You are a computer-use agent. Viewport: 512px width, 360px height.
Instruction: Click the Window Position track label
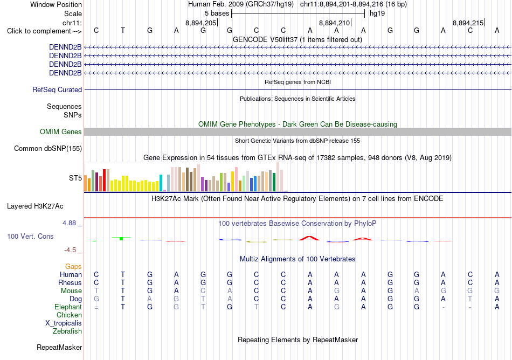[x=56, y=4]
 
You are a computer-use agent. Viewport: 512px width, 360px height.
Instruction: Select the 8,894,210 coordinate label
[x=334, y=23]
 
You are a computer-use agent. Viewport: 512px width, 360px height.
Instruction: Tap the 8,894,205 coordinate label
[x=201, y=23]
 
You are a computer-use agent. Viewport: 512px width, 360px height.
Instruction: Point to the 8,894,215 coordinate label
[x=468, y=23]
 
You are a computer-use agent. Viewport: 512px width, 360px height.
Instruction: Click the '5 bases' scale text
[x=217, y=13]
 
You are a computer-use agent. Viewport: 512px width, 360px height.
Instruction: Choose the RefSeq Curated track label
[x=57, y=90]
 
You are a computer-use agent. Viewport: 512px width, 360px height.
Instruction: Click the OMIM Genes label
[x=61, y=131]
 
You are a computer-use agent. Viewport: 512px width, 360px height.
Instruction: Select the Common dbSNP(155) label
[x=48, y=149]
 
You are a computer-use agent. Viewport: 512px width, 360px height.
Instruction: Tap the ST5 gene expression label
[x=75, y=178]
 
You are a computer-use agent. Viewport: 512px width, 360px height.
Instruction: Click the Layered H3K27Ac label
[x=35, y=206]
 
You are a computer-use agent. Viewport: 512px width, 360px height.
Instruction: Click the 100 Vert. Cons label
[x=30, y=236]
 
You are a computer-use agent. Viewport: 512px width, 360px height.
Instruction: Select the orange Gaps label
[x=73, y=267]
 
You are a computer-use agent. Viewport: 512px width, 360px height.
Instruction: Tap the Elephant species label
[x=68, y=307]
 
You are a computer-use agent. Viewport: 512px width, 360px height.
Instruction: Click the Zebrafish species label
[x=67, y=331]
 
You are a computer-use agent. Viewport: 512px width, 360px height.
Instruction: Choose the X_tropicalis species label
[x=64, y=323]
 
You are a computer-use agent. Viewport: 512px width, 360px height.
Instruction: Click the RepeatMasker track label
[x=59, y=347]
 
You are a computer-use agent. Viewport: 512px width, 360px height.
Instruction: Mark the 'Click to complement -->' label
[x=44, y=31]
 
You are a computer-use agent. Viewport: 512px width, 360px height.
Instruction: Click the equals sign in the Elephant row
[x=96, y=307]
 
